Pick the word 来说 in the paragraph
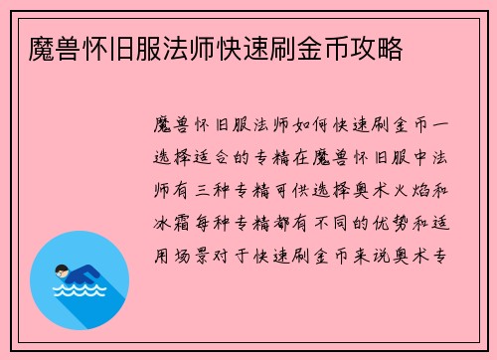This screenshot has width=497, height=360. (379, 255)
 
